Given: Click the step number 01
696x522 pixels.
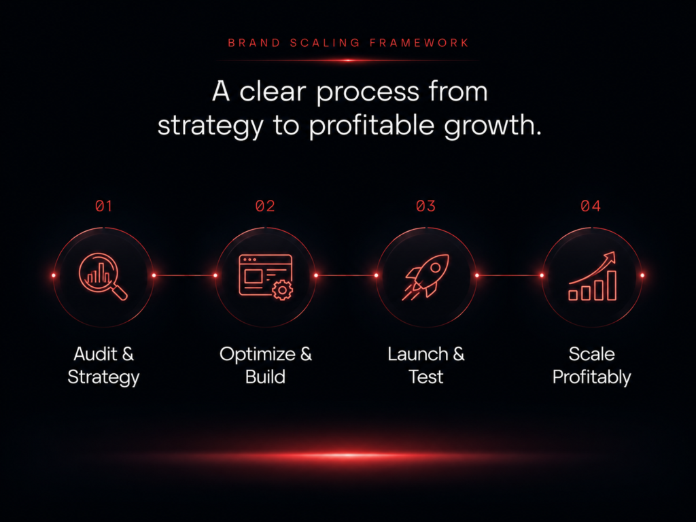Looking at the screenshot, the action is coord(103,206).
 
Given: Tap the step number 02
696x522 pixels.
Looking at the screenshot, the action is coord(265,206).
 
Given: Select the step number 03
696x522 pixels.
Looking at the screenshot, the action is coord(425,206).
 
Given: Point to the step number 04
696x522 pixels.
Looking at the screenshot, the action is coord(591,206).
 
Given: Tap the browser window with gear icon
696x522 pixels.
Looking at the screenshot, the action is coord(266,277).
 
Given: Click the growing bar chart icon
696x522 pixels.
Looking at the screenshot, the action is coord(592,276).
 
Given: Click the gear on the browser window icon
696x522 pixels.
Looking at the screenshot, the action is coord(282,290).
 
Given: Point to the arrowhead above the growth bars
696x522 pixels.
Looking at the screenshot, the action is coord(610,257).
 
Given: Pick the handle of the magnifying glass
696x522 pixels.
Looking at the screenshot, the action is coord(119,292).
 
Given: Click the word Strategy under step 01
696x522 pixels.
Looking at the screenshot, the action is coord(103,377).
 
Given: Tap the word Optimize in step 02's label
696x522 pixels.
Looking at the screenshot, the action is coord(258,354).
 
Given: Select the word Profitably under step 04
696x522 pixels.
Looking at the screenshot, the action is coord(592,377).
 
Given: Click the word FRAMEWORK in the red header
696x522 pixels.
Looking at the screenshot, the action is coord(419,43).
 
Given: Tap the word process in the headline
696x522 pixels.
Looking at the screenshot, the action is coord(368,92).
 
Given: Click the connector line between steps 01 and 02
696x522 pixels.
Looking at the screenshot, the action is coord(185,275).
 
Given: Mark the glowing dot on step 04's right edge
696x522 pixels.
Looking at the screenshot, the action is coord(642,275).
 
